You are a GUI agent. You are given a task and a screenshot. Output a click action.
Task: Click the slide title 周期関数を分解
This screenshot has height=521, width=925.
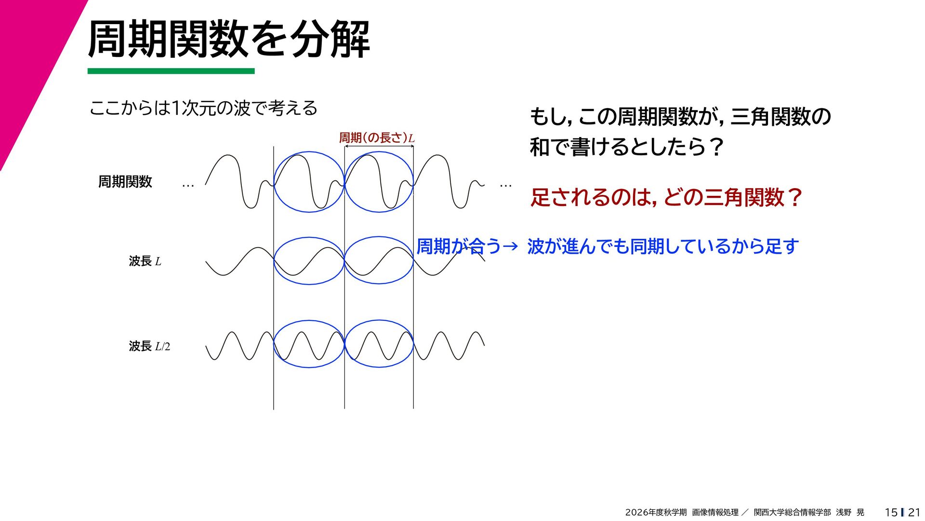coord(229,40)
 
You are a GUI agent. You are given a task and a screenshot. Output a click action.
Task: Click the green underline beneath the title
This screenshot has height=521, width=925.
coord(171,71)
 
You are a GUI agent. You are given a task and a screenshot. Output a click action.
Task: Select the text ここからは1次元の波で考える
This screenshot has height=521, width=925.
coord(203,108)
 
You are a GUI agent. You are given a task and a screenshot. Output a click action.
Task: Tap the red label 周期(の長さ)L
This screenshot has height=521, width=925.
coord(377,137)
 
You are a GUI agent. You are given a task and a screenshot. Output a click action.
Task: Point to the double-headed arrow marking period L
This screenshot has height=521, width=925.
coord(379,146)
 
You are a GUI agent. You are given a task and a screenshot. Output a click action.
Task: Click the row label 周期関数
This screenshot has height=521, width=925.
coord(125,181)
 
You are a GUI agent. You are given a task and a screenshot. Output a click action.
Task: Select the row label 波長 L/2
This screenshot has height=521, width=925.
coord(149,346)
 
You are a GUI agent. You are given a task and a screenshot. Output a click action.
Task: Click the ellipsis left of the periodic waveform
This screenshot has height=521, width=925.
coord(188,185)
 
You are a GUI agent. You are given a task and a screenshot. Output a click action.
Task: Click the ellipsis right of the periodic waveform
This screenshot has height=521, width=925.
coord(505,185)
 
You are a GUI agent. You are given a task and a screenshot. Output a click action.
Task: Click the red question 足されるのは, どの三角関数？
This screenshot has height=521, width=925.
coord(666,197)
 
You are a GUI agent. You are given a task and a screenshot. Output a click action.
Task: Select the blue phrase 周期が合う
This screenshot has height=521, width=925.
coord(458,247)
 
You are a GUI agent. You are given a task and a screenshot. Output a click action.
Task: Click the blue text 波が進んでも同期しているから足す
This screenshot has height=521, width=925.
coord(663,247)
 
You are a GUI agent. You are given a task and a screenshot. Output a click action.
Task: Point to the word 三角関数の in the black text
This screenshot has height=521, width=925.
coord(780,117)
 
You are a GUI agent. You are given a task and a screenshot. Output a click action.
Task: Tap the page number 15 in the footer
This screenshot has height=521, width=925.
coord(891,512)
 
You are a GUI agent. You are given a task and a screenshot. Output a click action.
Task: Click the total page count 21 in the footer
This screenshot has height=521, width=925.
coord(914,512)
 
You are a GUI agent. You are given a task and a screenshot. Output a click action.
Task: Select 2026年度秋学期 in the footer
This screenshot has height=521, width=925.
coord(656,512)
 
